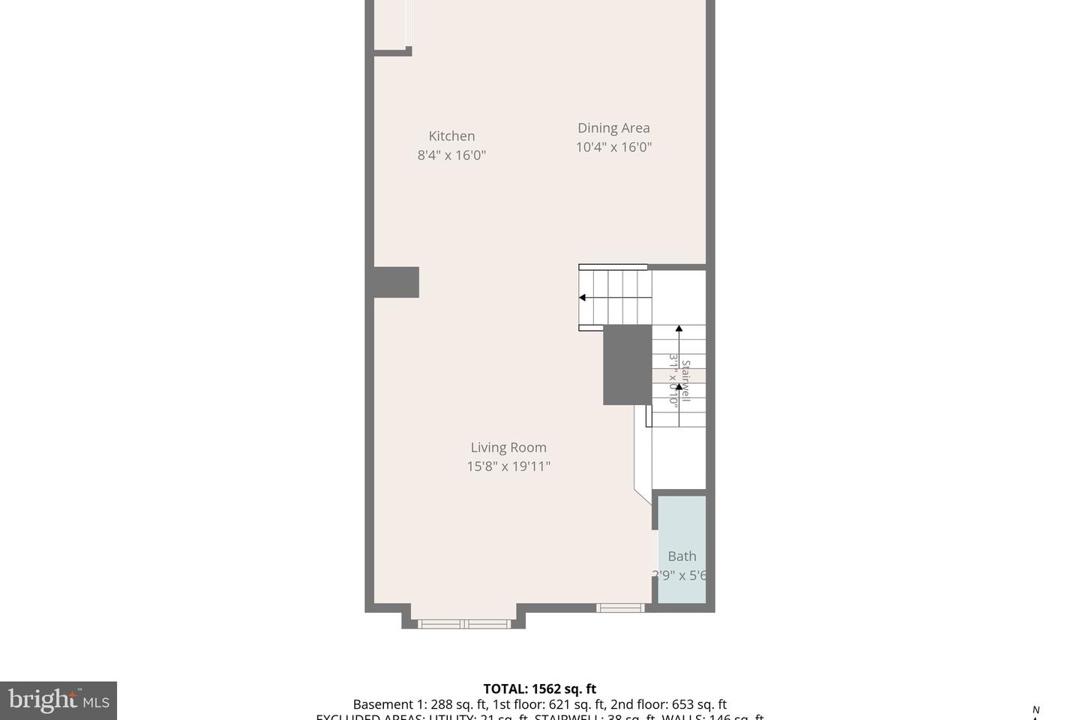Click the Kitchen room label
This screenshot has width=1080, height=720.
click(x=451, y=136)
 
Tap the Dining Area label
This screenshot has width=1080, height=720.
click(x=613, y=128)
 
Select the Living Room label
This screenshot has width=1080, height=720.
click(x=508, y=447)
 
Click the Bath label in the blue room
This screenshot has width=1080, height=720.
click(x=682, y=556)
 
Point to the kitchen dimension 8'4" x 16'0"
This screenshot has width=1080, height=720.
click(x=451, y=155)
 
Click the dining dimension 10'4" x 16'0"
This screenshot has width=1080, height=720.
click(x=613, y=147)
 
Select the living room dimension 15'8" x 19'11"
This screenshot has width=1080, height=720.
click(x=508, y=466)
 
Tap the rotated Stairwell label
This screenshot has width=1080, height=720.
click(x=685, y=381)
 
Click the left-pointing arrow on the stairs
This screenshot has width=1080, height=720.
click(x=583, y=298)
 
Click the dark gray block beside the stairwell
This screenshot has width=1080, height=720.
click(x=627, y=364)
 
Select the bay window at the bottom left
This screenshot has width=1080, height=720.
click(x=463, y=623)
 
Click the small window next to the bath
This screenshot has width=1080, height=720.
click(x=620, y=607)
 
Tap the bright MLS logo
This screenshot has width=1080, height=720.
click(x=58, y=700)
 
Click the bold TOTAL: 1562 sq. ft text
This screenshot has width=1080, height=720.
click(x=539, y=688)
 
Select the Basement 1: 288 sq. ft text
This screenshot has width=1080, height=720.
click(x=420, y=704)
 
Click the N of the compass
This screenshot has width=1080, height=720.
click(x=1036, y=709)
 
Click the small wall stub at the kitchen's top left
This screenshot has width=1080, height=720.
click(x=392, y=52)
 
